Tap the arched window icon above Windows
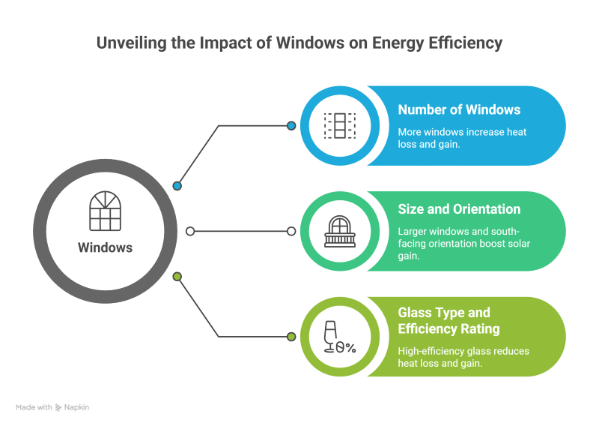coord(105,211)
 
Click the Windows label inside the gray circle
coord(105,247)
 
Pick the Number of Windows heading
coord(459,109)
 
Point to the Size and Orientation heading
coord(459,209)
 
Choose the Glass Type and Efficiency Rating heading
coord(449,321)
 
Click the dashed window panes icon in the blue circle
coord(340,125)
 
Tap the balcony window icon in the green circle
coord(340,231)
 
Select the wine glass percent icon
coord(340,337)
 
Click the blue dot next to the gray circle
coord(177,186)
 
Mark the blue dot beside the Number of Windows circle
coord(291,125)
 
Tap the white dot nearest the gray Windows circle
coord(190,231)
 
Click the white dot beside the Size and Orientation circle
coord(291,231)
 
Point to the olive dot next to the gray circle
coord(177,276)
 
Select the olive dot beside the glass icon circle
coord(291,337)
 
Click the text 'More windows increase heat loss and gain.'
coord(462,138)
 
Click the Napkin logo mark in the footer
coord(58,408)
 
